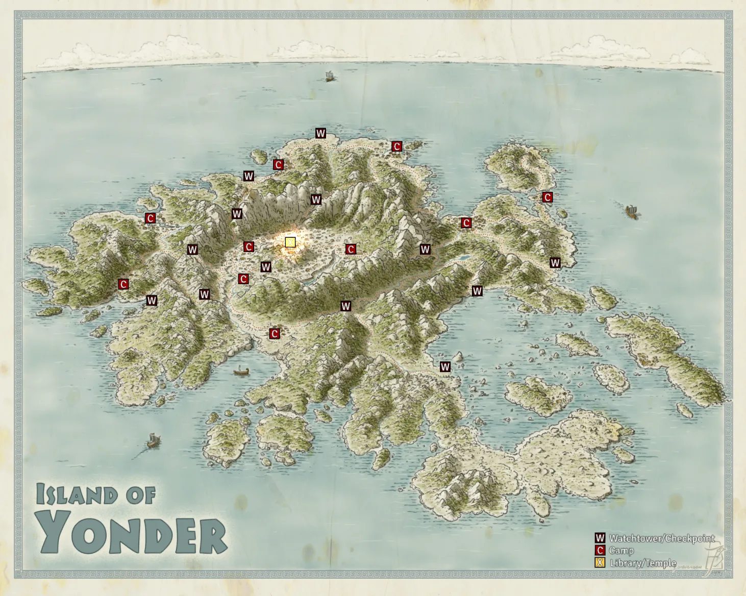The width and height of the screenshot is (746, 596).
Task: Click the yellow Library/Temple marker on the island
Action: pyautogui.click(x=290, y=242)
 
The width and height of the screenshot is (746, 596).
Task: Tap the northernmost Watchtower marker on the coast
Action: pyautogui.click(x=320, y=134)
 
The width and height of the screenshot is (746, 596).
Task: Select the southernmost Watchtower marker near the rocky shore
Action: pyautogui.click(x=445, y=367)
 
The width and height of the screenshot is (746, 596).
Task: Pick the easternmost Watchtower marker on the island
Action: pyautogui.click(x=555, y=263)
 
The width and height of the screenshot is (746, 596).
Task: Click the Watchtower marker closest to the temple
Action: pyautogui.click(x=265, y=267)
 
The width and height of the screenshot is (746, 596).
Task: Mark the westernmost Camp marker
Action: pyautogui.click(x=123, y=284)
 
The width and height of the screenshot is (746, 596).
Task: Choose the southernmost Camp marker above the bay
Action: pyautogui.click(x=275, y=334)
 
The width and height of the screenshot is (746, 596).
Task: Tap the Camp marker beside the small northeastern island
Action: pyautogui.click(x=548, y=197)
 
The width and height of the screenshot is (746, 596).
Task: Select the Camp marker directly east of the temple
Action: pyautogui.click(x=351, y=249)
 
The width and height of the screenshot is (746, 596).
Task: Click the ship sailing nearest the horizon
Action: pyautogui.click(x=330, y=77)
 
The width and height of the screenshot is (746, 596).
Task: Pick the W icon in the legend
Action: pyautogui.click(x=600, y=538)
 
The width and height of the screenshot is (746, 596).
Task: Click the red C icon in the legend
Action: pyautogui.click(x=600, y=551)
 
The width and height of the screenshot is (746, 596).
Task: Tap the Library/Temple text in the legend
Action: pyautogui.click(x=643, y=563)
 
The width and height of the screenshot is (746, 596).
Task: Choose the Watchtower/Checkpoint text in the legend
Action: pyautogui.click(x=662, y=538)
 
